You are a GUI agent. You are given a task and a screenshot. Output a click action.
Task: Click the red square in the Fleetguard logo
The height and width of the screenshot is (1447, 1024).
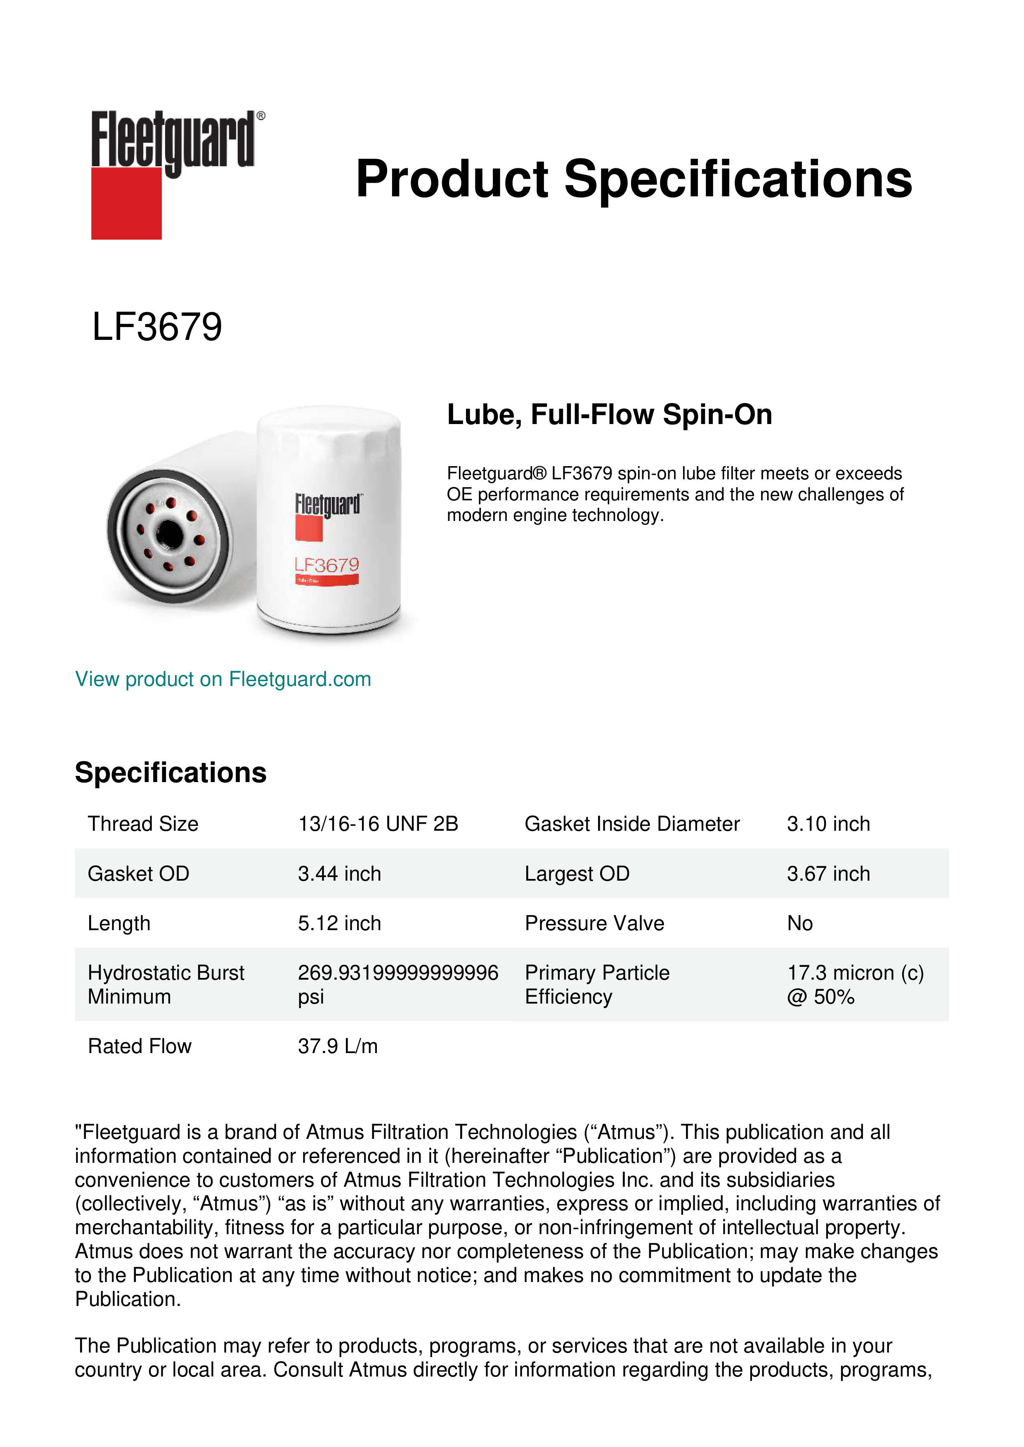click(x=126, y=203)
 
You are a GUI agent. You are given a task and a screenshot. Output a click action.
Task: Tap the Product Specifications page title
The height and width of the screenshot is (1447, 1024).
click(x=634, y=179)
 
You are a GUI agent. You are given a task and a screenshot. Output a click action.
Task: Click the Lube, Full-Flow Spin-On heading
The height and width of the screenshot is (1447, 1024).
click(x=609, y=415)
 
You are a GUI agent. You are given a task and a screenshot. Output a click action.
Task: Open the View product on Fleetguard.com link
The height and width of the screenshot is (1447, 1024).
click(x=222, y=679)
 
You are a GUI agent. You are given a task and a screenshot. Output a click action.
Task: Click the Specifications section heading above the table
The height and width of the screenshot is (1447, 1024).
click(x=170, y=772)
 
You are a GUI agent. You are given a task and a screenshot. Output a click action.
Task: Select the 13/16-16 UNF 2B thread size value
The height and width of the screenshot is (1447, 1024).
click(x=378, y=824)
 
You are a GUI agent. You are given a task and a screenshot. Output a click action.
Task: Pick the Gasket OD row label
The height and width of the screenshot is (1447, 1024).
click(x=138, y=874)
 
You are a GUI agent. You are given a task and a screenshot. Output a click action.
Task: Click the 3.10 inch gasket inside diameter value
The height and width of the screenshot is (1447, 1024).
click(x=828, y=824)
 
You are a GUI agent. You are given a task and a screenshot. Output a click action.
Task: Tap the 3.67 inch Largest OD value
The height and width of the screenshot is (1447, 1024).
click(x=828, y=874)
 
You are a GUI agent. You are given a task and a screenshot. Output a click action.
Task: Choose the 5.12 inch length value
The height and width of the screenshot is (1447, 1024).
click(x=339, y=923)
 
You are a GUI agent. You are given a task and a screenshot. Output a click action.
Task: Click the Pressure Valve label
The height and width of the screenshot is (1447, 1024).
click(x=594, y=923)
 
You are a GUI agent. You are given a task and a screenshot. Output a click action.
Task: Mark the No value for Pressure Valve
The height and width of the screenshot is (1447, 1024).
click(x=799, y=923)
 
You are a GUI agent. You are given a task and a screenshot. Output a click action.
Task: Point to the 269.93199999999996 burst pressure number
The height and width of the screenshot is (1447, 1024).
click(x=398, y=973)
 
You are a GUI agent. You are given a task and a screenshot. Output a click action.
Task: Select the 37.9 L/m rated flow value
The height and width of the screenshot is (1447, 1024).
click(x=337, y=1046)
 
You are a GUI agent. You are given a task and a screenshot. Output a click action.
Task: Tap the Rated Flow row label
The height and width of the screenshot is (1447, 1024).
click(x=140, y=1046)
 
